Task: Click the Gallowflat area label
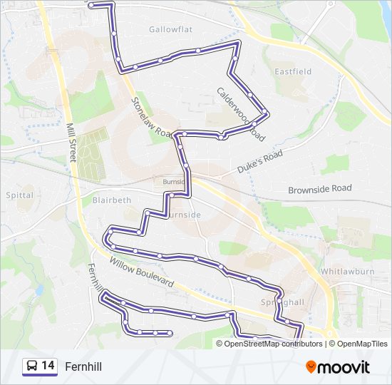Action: tap(171, 29)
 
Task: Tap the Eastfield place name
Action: tap(293, 71)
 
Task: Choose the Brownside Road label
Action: tap(319, 189)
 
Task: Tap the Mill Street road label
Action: tap(72, 142)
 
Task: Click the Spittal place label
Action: tap(19, 195)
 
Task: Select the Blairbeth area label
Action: tap(112, 200)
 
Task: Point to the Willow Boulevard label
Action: tap(143, 272)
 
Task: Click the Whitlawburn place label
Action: tap(348, 272)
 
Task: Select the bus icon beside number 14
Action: tap(32, 366)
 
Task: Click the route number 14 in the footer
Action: tap(48, 366)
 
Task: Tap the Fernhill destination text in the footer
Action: tap(83, 366)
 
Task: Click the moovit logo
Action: tap(338, 366)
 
